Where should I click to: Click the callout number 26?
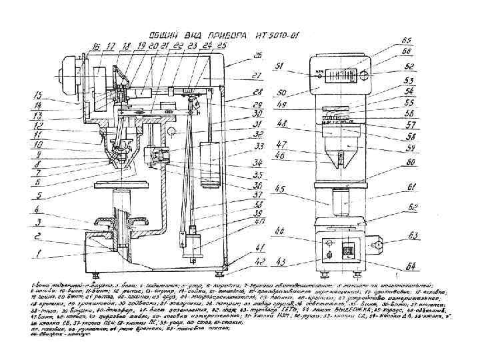[x=259, y=55]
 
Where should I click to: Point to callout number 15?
[x=39, y=96]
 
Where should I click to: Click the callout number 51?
[x=280, y=65]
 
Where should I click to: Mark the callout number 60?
[x=413, y=162]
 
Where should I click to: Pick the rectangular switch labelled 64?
[x=347, y=251]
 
